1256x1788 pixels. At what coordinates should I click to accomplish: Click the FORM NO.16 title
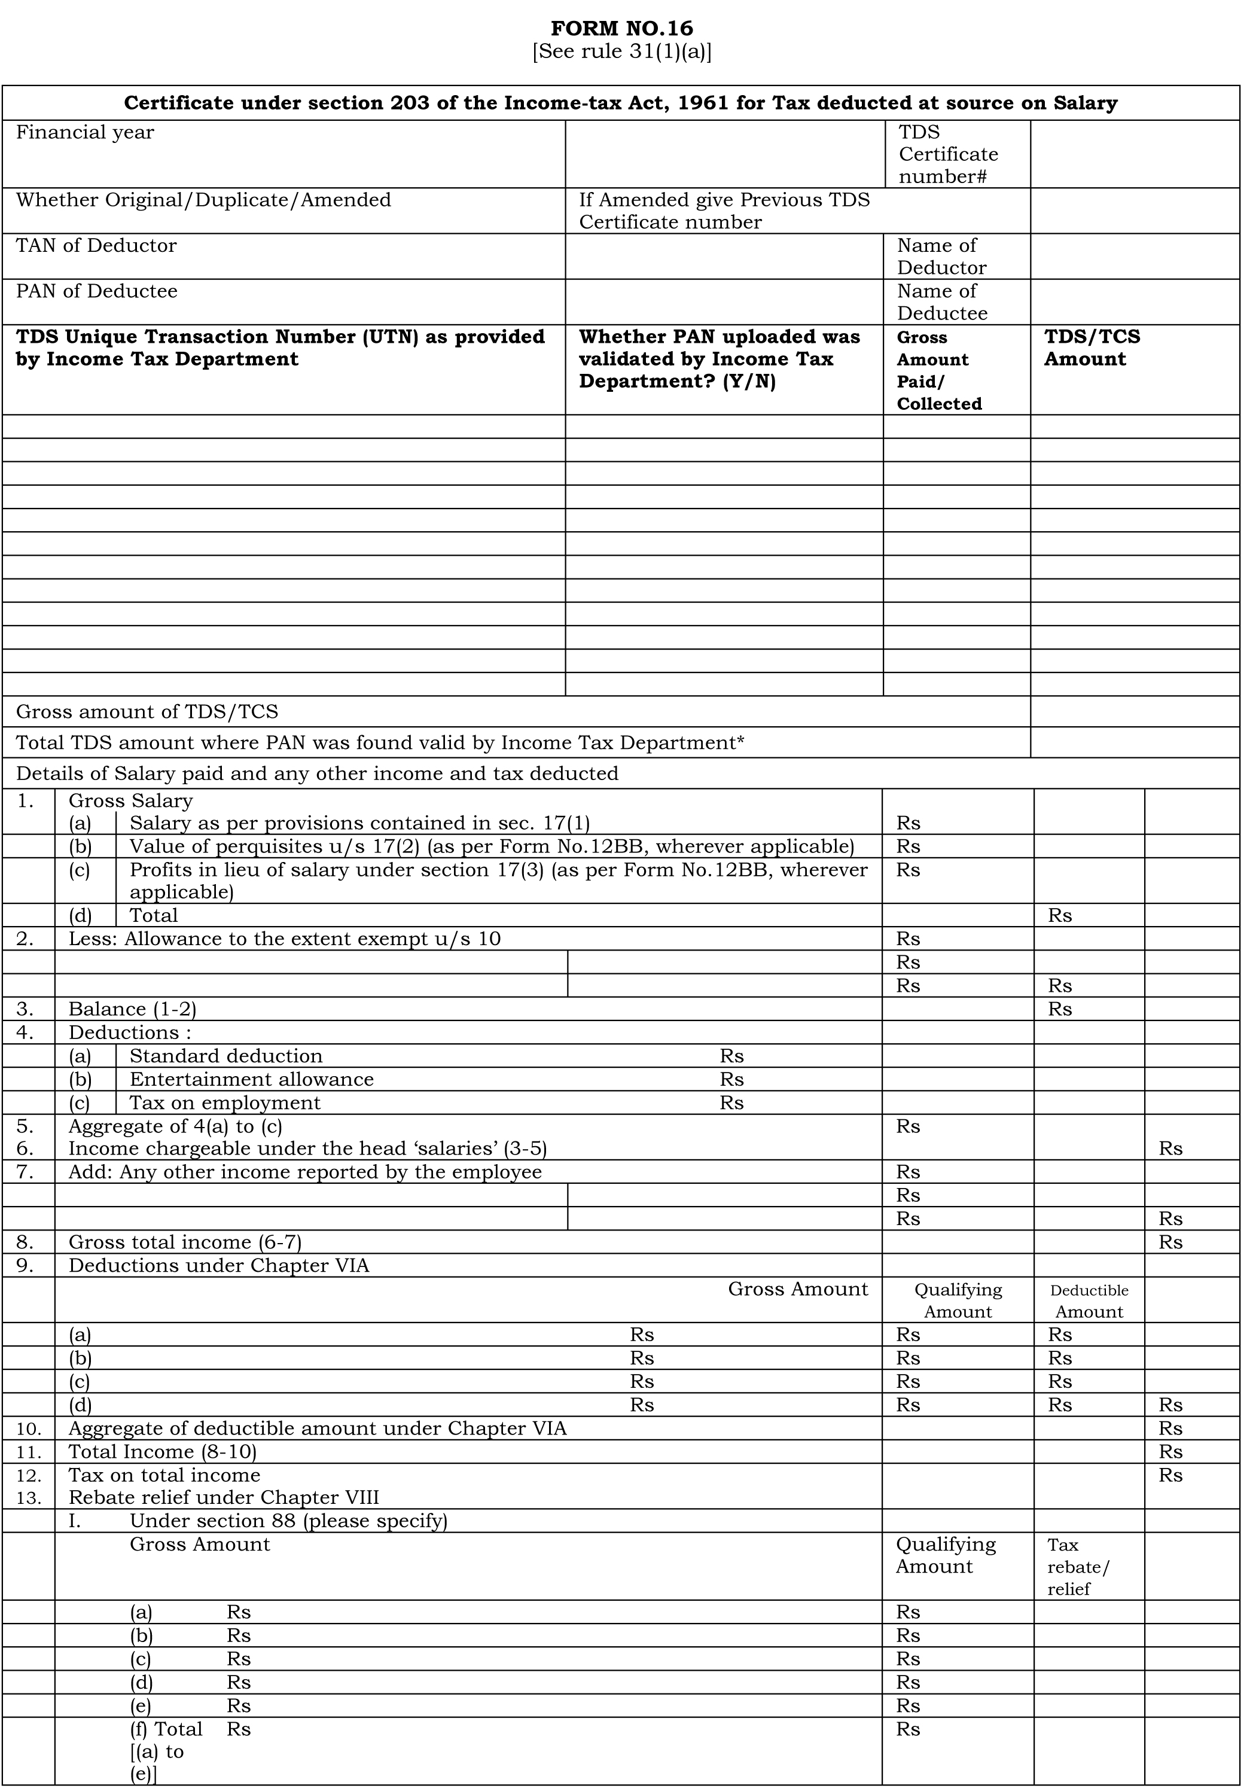tap(621, 29)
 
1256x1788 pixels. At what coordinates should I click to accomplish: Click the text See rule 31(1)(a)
tap(621, 52)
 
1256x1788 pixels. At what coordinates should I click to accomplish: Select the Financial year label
tap(85, 132)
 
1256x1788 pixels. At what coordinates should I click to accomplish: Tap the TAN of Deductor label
tap(96, 246)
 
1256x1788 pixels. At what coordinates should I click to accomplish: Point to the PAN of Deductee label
tap(96, 291)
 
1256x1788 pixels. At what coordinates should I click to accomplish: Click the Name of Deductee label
tap(941, 302)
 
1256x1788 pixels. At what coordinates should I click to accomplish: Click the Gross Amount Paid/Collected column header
tap(938, 371)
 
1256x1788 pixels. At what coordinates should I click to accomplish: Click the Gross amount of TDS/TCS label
tap(147, 712)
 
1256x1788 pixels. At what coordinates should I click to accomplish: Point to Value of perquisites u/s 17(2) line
tap(492, 846)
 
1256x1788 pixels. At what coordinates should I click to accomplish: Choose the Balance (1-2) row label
tap(132, 1009)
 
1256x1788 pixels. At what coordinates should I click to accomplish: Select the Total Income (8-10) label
tap(162, 1452)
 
